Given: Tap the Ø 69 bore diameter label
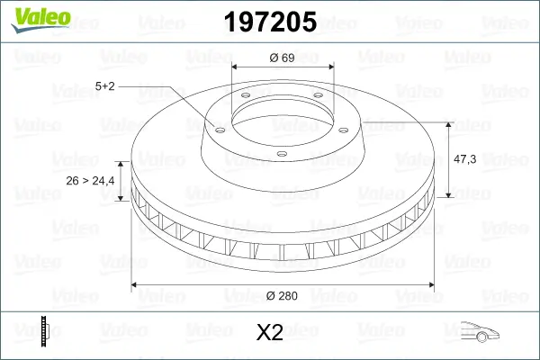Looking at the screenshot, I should [x=283, y=58].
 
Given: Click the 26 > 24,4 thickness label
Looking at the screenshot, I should [x=91, y=181].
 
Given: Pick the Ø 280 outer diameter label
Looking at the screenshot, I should [x=282, y=294].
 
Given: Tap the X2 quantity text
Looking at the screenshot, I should [x=269, y=333].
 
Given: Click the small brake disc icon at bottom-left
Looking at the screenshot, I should [x=44, y=332].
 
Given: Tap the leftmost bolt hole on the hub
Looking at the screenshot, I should [x=217, y=126].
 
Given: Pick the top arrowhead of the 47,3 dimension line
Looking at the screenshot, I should [x=449, y=123].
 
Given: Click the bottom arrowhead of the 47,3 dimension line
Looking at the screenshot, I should [x=449, y=193].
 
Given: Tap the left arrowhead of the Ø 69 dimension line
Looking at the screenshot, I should [x=237, y=67].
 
